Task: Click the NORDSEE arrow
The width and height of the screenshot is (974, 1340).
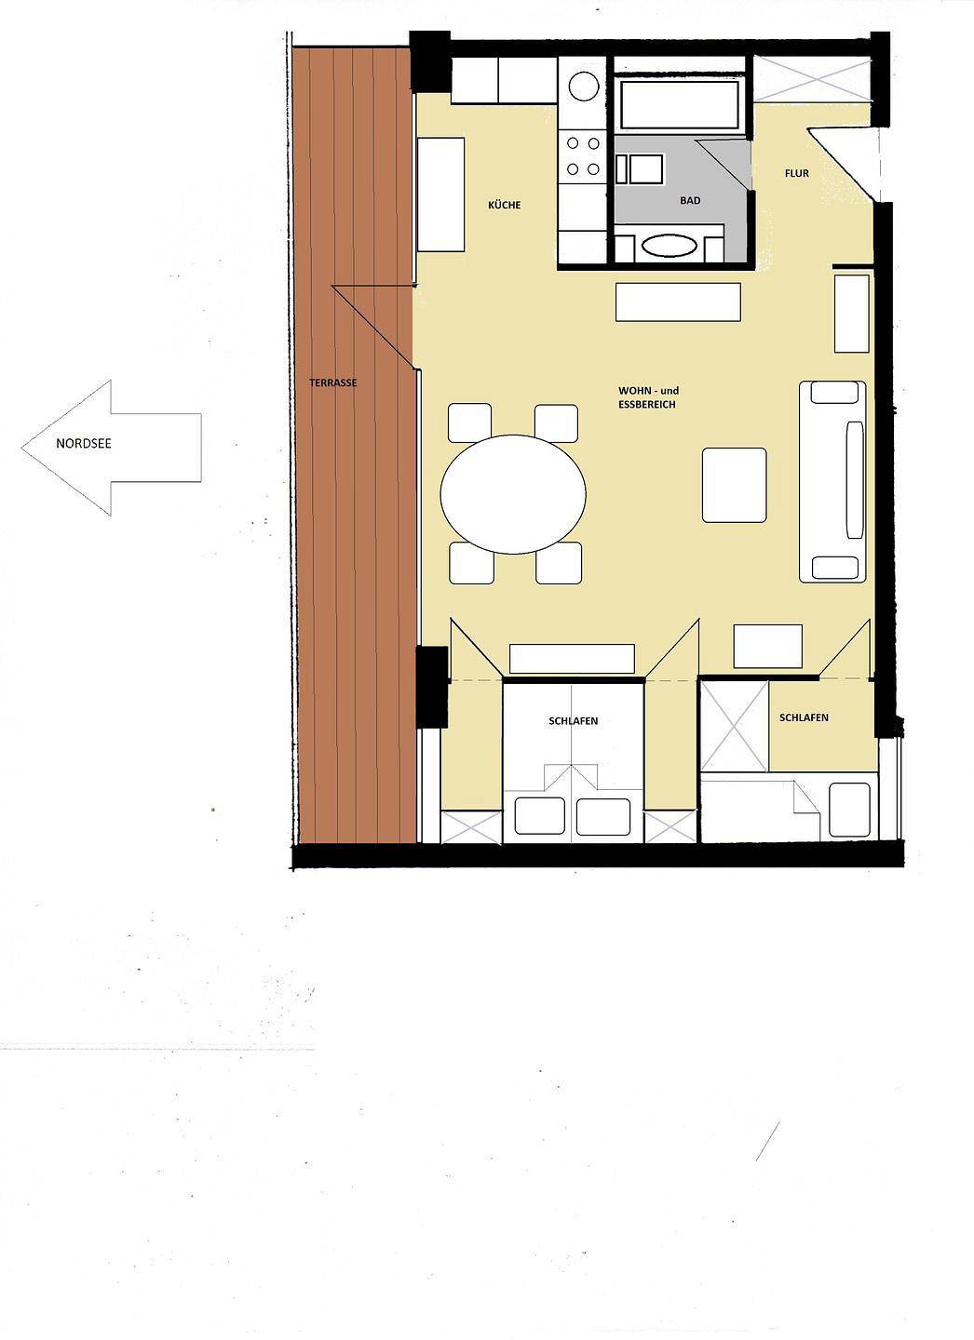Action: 111,448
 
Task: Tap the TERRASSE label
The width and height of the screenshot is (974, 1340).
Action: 332,382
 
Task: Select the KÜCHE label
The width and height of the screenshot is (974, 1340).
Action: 504,205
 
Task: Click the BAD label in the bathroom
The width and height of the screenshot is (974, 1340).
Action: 690,200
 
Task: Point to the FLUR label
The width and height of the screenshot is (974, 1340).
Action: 797,173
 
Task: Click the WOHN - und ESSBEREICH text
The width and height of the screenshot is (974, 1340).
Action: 648,397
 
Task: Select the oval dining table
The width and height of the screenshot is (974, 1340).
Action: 513,494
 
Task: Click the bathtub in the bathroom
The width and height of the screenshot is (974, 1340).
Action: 680,104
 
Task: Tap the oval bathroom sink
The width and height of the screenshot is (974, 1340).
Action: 670,246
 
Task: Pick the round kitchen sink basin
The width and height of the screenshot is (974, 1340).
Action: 584,87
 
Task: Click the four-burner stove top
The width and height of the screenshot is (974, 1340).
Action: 583,156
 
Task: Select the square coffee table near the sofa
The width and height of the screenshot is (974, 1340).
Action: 734,485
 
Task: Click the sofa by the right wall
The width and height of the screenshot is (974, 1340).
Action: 832,482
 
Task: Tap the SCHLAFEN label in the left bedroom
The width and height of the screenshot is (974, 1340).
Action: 573,721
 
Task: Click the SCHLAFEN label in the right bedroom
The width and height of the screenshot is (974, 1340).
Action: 804,717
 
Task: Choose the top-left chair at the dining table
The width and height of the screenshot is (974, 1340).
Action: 470,422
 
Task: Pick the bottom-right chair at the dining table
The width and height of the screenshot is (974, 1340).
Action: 559,562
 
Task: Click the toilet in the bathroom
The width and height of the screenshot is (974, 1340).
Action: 640,168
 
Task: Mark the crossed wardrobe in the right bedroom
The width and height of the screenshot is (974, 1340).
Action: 734,726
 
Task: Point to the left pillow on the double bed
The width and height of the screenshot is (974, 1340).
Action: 539,816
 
